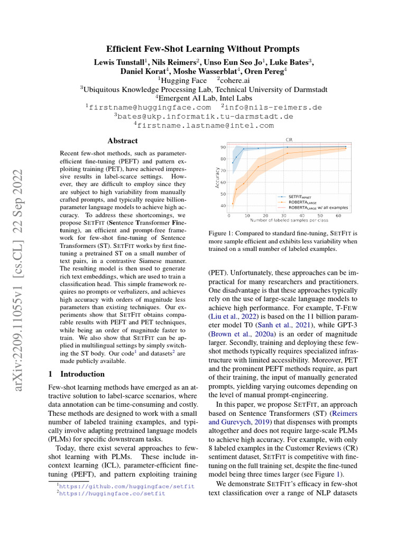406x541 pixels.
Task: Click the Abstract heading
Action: pos(123,141)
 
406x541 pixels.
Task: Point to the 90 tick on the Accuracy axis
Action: pos(223,147)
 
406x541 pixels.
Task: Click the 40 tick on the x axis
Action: pos(302,216)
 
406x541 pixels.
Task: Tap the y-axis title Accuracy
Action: pos(217,178)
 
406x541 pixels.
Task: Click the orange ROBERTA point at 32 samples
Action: pos(288,153)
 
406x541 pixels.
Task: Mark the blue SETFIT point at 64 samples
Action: pos(346,146)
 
